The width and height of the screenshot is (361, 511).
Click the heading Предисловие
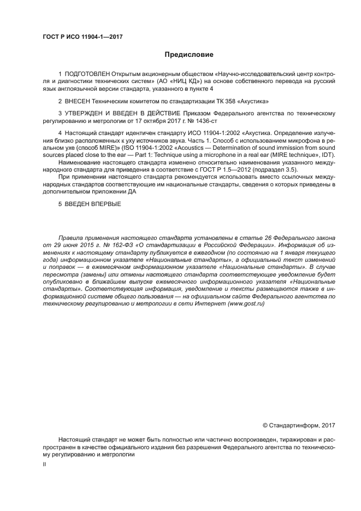coord(189,55)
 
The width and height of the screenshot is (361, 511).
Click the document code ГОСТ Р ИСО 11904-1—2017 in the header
coord(82,37)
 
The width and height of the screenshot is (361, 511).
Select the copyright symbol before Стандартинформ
coord(266,425)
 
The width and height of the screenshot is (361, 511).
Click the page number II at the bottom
coord(44,464)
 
